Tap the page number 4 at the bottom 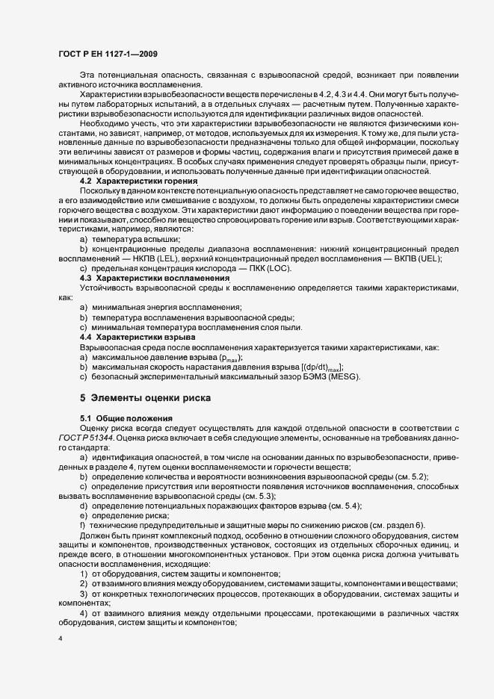pyautogui.click(x=61, y=639)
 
